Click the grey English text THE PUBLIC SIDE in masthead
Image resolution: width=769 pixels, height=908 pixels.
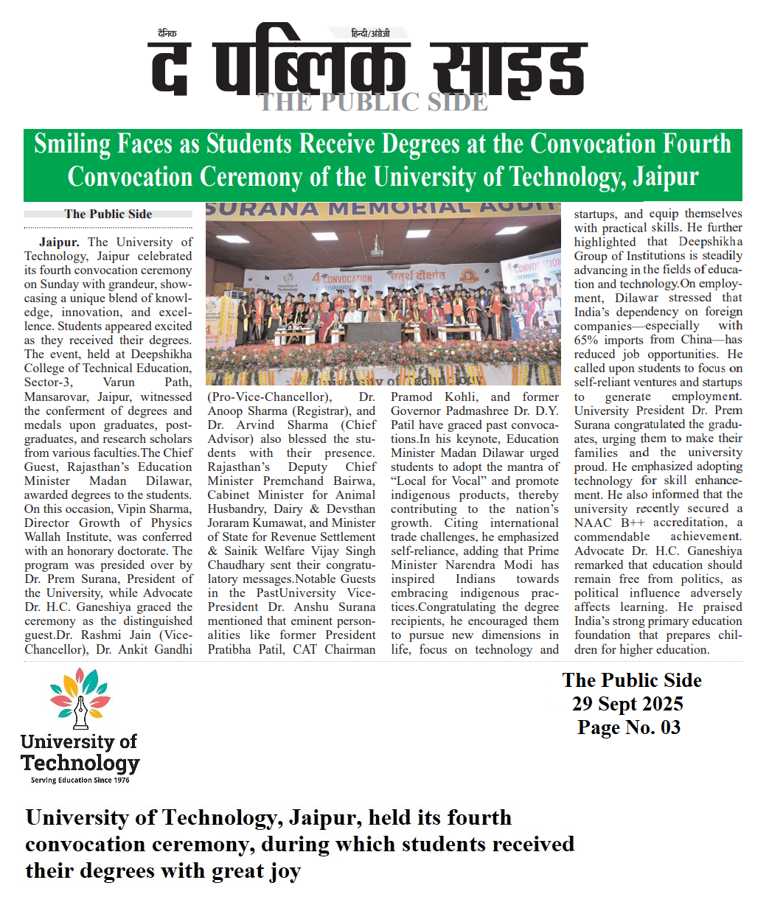[372, 102]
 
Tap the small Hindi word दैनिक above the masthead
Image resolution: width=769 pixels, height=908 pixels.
[167, 33]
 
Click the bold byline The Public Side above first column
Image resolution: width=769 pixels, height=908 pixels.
[108, 214]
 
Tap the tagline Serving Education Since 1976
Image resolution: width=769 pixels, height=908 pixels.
[80, 780]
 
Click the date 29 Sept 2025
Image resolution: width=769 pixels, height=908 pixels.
[627, 704]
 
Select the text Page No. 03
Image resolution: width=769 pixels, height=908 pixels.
[629, 727]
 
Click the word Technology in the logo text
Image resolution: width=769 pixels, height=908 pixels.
[80, 763]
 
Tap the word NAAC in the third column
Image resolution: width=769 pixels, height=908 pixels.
[593, 523]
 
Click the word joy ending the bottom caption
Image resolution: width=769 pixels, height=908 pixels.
[285, 871]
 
